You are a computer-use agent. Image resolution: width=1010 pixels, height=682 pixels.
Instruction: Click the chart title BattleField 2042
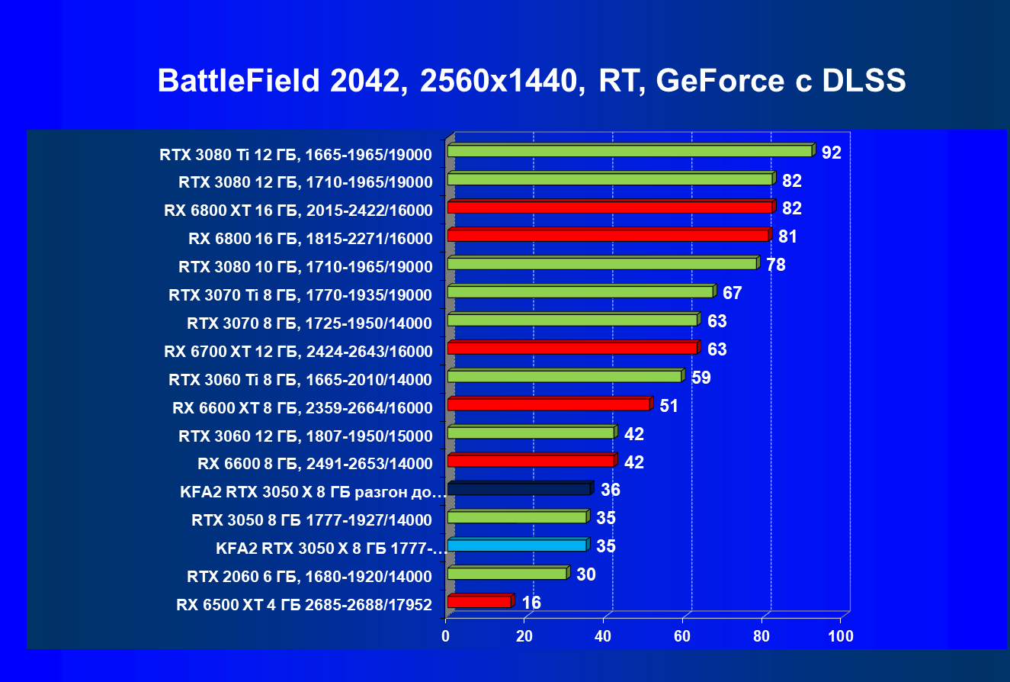click(531, 81)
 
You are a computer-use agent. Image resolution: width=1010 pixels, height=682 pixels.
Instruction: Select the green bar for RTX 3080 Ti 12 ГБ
click(630, 151)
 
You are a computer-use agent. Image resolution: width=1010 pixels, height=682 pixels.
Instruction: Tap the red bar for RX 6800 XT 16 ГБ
click(610, 207)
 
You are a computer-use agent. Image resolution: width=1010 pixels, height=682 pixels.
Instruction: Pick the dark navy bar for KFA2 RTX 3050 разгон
click(518, 489)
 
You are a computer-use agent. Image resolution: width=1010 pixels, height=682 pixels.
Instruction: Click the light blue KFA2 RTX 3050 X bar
click(517, 545)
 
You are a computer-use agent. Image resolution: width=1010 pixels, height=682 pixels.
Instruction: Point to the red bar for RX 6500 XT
click(479, 602)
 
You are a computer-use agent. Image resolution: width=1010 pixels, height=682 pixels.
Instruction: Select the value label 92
click(831, 153)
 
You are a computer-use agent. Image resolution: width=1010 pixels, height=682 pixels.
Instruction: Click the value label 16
click(531, 603)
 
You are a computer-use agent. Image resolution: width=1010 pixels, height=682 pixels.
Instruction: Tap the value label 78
click(775, 265)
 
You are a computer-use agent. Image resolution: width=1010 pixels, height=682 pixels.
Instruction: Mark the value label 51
click(669, 406)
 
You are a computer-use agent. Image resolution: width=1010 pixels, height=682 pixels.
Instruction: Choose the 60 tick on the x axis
click(683, 636)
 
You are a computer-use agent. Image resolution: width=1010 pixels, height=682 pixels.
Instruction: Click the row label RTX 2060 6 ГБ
click(309, 576)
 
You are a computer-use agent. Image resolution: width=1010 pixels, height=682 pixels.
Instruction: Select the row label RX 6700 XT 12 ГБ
click(298, 352)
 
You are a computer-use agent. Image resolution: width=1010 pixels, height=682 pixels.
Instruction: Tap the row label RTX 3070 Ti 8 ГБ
click(300, 295)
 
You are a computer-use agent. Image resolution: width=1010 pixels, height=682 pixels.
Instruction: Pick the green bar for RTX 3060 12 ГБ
click(531, 433)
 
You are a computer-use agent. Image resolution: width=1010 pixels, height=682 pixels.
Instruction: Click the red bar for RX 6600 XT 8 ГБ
click(548, 404)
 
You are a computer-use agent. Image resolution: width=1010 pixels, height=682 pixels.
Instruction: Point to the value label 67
click(732, 293)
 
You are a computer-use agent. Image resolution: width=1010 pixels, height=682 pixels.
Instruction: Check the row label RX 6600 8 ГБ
click(315, 463)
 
